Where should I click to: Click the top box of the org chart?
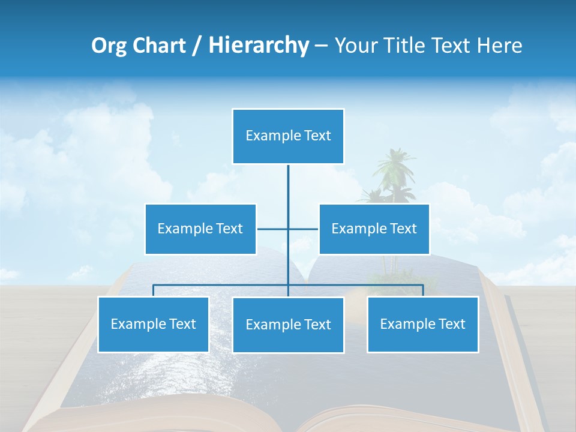pos(288,136)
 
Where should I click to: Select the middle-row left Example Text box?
pos(200,229)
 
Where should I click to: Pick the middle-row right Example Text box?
pos(374,229)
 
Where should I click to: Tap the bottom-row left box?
pos(153,324)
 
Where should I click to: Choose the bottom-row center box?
pos(288,325)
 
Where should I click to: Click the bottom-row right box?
pos(422,324)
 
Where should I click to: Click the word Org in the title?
pos(107,46)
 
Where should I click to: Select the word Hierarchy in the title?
pos(259,46)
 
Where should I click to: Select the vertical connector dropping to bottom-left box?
pos(153,290)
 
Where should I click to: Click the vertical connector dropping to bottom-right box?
pos(423,290)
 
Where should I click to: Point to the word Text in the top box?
pos(317,136)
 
